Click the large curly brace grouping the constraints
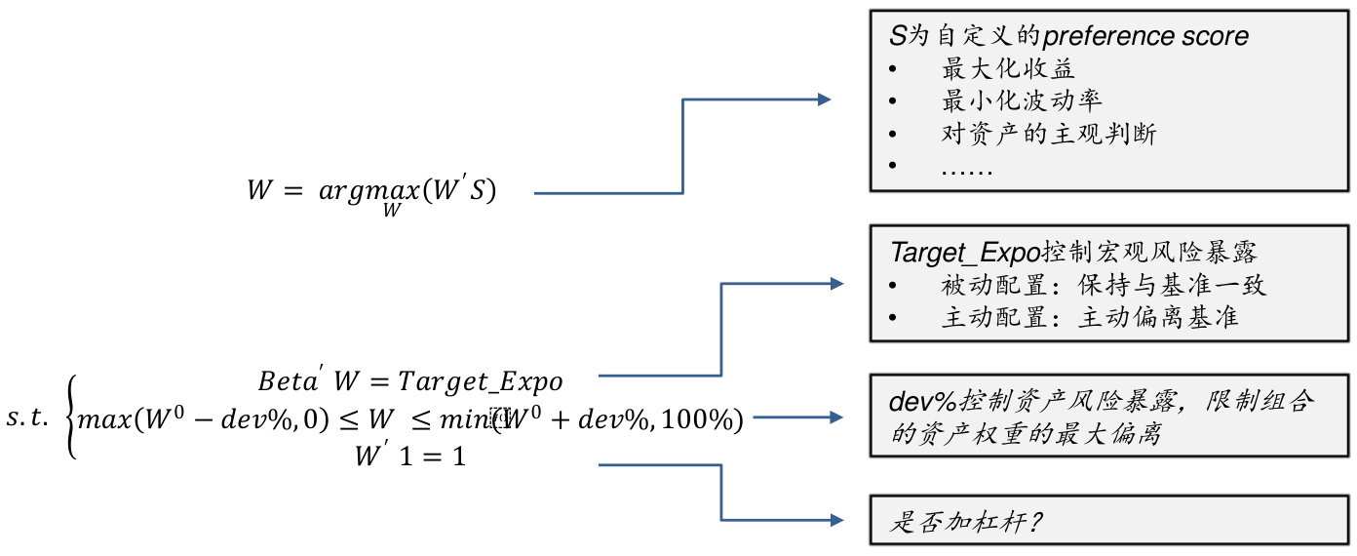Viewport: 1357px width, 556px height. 69,418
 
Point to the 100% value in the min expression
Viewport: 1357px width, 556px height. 704,420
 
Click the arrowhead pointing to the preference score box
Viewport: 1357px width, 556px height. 825,99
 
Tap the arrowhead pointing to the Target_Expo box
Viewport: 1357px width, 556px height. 836,284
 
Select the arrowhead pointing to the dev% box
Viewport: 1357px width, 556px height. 836,417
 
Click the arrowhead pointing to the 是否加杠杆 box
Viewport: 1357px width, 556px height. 836,521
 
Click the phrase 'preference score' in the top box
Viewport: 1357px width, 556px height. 1145,37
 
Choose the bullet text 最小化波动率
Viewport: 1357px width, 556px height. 1022,100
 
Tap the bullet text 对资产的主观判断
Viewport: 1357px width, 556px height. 1048,133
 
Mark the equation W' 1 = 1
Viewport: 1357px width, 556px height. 410,455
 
